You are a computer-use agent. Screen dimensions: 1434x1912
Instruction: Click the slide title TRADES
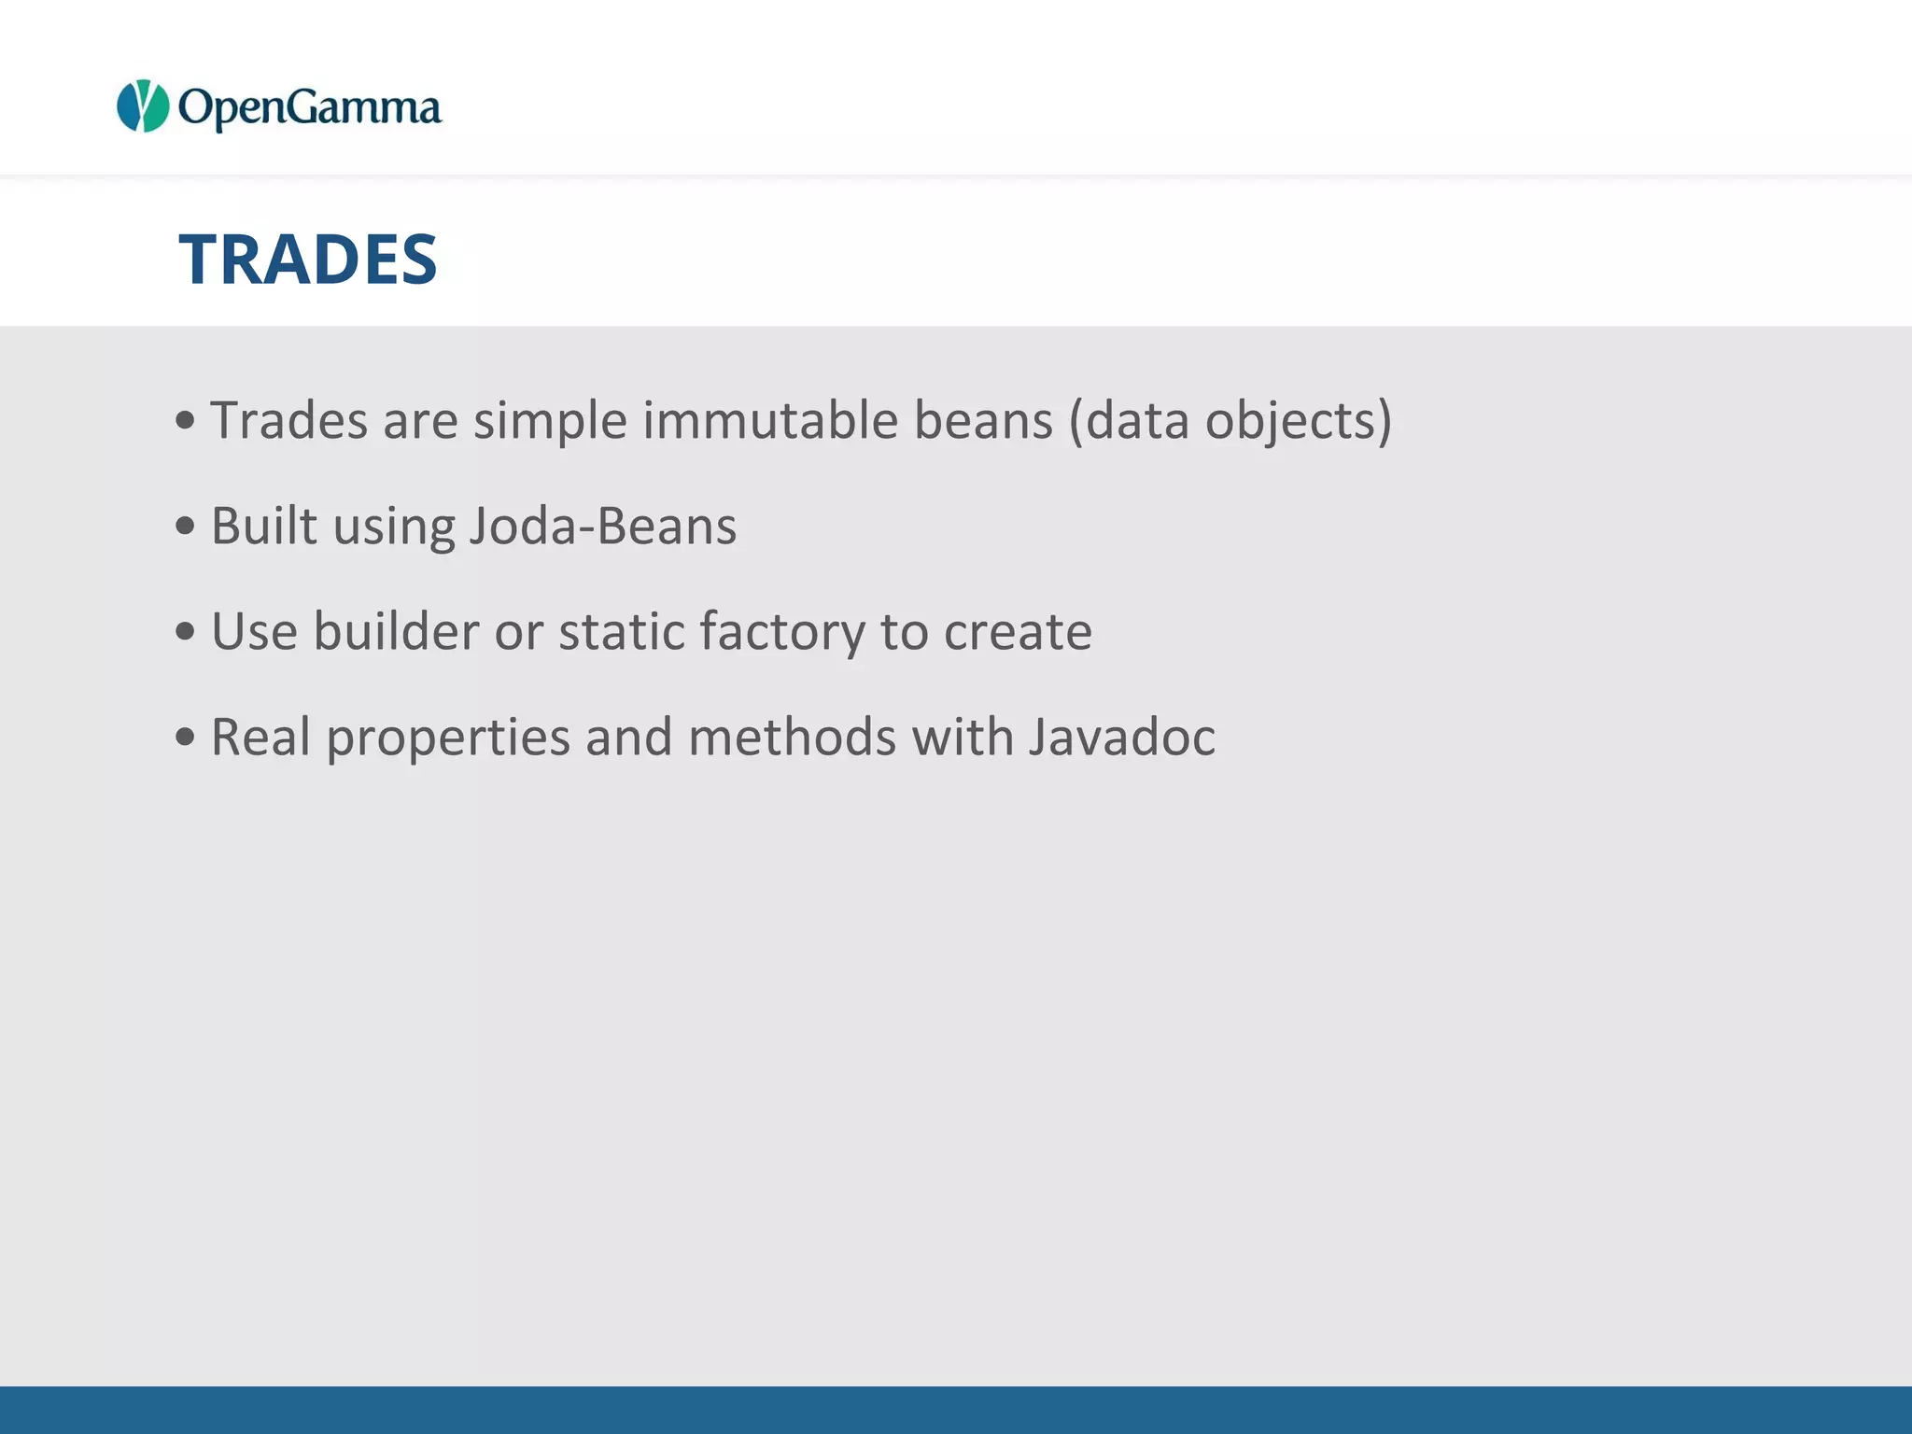click(x=308, y=260)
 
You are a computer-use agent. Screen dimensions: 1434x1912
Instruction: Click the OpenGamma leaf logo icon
click(x=143, y=106)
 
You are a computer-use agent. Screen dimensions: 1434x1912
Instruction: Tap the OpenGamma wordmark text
click(x=309, y=108)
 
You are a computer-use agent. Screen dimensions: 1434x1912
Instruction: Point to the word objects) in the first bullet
click(x=1299, y=422)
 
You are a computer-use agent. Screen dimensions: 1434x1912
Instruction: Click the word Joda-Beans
click(x=603, y=526)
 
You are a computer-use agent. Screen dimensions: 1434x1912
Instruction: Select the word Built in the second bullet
click(x=264, y=526)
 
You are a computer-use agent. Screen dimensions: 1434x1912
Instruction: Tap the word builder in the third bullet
click(x=396, y=631)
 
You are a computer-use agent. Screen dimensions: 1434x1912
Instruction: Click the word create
click(x=1018, y=633)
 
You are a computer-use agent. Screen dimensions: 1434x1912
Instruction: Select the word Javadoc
click(x=1122, y=737)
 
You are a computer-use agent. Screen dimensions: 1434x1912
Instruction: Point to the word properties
click(x=448, y=738)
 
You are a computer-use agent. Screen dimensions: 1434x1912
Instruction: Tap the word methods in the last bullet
click(x=793, y=737)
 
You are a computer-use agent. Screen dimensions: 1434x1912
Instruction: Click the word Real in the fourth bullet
click(x=260, y=737)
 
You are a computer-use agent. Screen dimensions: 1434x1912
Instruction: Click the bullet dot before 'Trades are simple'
click(x=185, y=421)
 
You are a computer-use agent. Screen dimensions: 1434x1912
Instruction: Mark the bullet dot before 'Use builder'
click(x=185, y=632)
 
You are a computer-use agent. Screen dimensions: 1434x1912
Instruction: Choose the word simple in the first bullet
click(x=550, y=422)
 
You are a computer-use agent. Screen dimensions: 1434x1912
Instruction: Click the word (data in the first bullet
click(x=1129, y=420)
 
